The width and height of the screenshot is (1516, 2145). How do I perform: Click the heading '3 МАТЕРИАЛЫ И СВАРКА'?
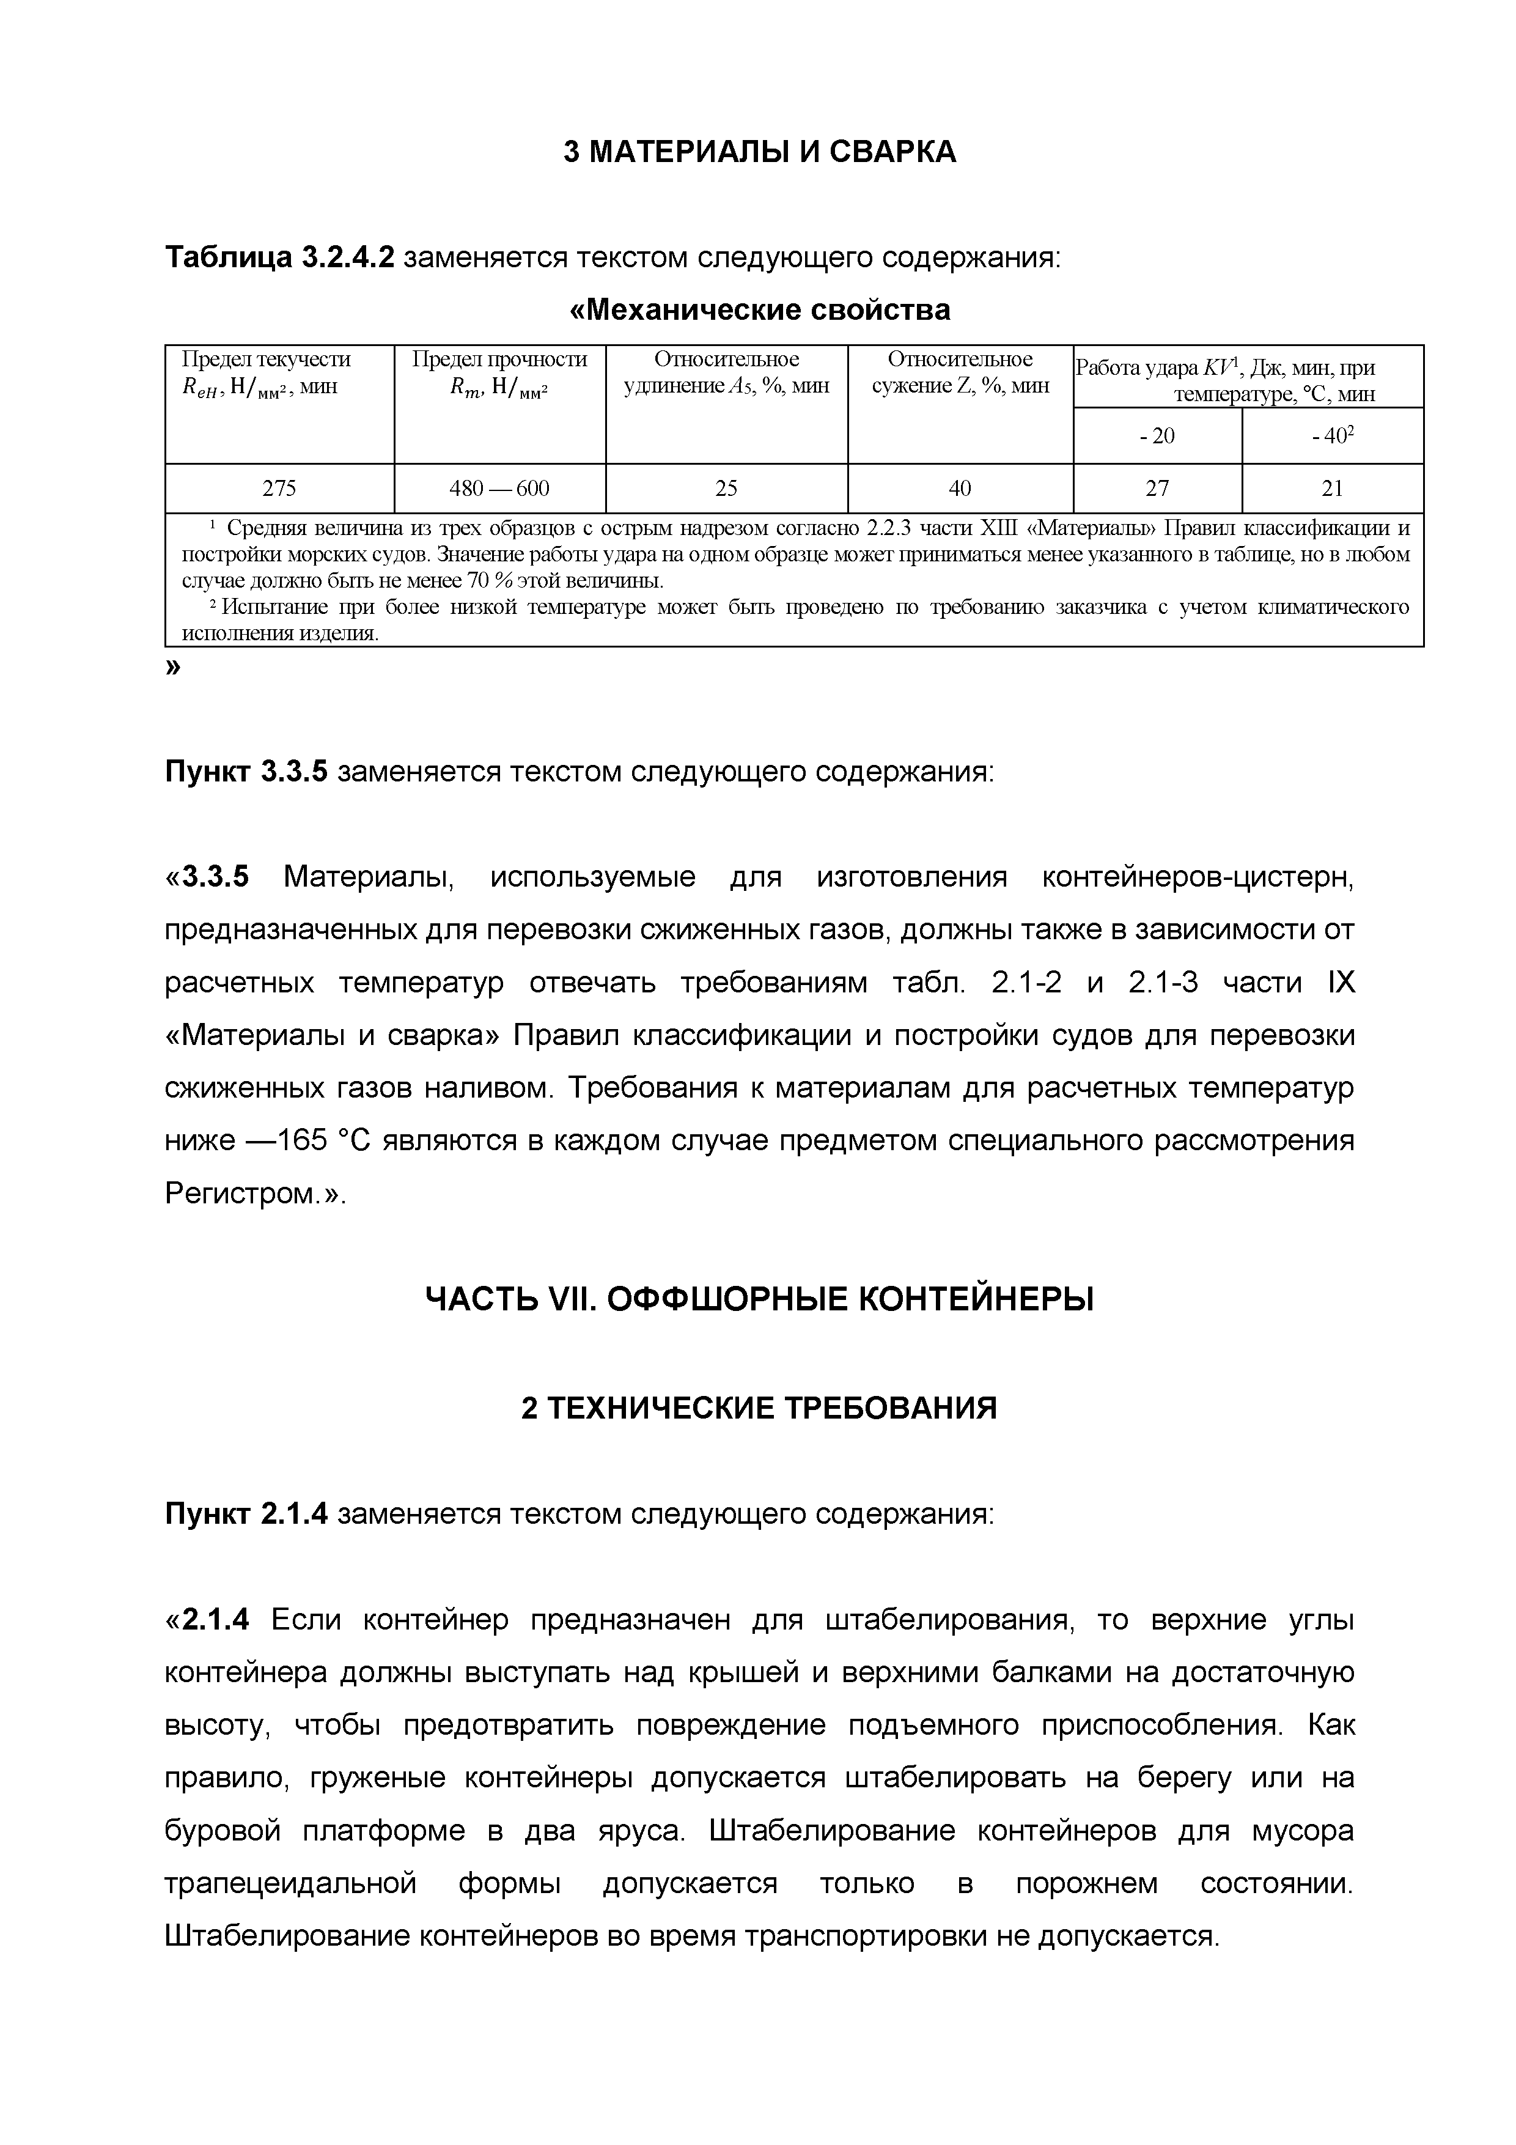759,152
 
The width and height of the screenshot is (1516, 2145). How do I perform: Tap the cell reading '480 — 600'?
499,488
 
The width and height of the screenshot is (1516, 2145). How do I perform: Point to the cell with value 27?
1157,488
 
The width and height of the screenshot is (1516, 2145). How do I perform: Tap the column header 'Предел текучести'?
266,360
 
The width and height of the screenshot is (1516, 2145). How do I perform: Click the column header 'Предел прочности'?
499,360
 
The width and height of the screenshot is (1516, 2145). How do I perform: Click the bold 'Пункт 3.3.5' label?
246,772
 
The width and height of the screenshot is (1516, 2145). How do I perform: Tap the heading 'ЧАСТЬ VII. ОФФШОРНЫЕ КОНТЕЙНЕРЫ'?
759,1299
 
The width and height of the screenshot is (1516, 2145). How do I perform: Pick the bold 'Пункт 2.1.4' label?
246,1513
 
